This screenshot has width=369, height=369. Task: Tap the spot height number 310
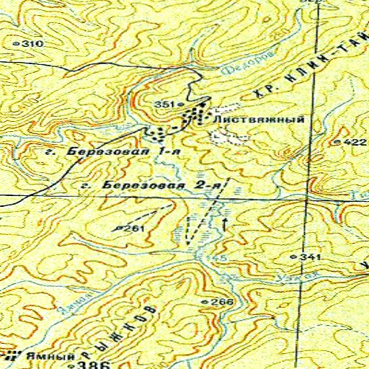pyautogui.click(x=32, y=45)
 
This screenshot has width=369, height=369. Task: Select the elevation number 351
pyautogui.click(x=164, y=105)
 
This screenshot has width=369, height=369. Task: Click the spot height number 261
pyautogui.click(x=135, y=228)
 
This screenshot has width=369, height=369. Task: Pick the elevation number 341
pyautogui.click(x=309, y=257)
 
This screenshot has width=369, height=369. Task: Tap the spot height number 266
pyautogui.click(x=223, y=301)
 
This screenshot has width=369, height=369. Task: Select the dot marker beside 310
pyautogui.click(x=17, y=45)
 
